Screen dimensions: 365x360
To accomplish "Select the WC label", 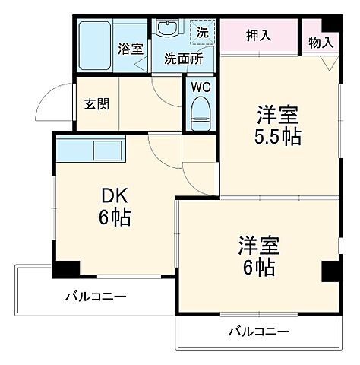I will (201, 86).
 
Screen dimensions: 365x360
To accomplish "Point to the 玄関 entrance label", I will (96, 103).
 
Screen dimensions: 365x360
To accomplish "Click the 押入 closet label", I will (259, 34).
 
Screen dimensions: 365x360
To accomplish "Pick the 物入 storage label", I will (321, 43).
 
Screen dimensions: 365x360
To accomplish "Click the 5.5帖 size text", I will (276, 137).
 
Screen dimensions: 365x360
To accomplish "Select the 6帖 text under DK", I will (114, 217).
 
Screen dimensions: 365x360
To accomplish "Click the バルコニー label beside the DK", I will (95, 296).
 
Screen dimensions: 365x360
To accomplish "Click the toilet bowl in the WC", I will (201, 113).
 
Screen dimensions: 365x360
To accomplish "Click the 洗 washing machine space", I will (202, 33).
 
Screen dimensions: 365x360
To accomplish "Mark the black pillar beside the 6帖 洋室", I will (329, 271).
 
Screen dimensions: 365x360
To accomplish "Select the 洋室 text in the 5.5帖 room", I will (276, 115).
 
